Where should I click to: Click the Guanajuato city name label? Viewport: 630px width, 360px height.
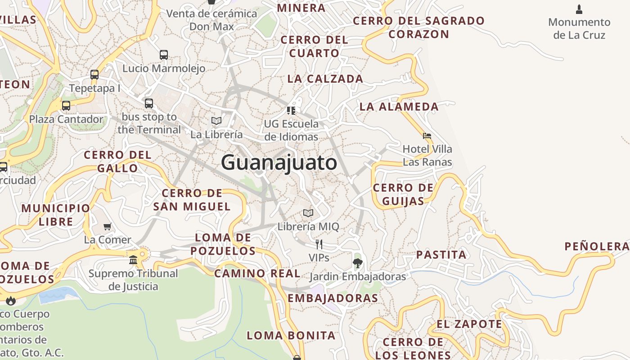click(x=279, y=162)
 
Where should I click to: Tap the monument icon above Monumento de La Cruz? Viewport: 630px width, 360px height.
click(x=579, y=9)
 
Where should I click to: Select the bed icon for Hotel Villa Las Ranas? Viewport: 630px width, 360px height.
click(x=427, y=135)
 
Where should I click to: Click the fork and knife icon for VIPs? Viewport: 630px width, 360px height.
click(x=319, y=244)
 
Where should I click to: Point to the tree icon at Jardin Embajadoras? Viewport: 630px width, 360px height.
click(x=357, y=263)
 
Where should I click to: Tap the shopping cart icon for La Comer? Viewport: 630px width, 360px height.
click(x=107, y=226)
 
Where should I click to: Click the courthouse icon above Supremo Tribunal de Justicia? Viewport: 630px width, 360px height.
click(x=133, y=260)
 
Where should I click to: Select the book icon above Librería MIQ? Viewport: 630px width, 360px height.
click(x=308, y=213)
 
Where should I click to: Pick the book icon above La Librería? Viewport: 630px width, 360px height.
click(x=216, y=121)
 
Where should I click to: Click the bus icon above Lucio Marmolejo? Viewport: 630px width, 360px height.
click(x=164, y=55)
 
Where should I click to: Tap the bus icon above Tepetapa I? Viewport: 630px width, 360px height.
click(x=94, y=75)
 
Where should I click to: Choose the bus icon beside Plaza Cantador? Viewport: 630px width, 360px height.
click(x=66, y=106)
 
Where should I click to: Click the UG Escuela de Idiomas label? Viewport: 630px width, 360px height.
click(x=291, y=130)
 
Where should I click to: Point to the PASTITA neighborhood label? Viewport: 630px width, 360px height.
click(x=441, y=255)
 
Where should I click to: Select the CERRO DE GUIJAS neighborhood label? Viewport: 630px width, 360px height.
click(x=403, y=194)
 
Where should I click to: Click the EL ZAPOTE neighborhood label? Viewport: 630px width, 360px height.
click(x=469, y=324)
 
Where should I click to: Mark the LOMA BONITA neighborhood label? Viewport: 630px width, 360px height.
click(x=291, y=335)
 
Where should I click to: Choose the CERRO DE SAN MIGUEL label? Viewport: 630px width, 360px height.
click(x=192, y=200)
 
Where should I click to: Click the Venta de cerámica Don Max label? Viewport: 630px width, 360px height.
click(x=211, y=20)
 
